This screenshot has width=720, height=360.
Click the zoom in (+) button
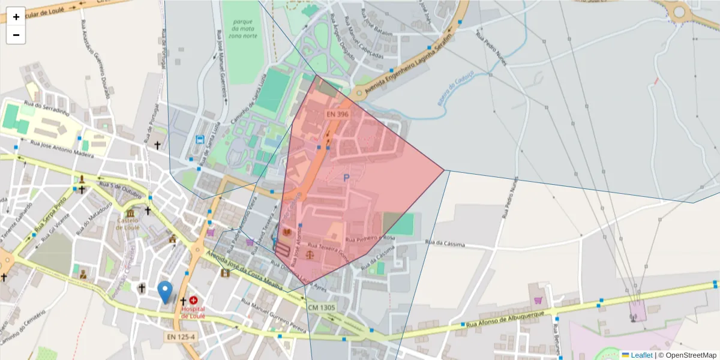tap(16, 17)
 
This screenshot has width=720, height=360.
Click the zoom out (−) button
tap(16, 35)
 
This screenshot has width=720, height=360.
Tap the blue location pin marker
tap(164, 292)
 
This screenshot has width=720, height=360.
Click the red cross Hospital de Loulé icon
tap(193, 300)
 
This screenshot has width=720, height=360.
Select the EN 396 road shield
tap(337, 114)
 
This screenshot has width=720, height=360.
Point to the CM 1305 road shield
tap(322, 308)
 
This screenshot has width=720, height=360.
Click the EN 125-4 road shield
tap(181, 337)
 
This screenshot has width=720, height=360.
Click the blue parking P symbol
tap(346, 178)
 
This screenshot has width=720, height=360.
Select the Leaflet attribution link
tap(641, 355)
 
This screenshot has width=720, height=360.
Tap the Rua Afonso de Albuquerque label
tap(505, 320)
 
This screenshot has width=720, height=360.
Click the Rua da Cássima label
tap(445, 244)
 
